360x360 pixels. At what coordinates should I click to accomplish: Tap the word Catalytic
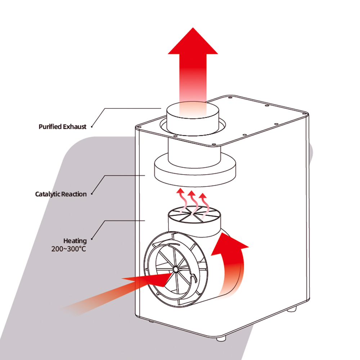[48, 194]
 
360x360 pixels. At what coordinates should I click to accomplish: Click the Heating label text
[75, 240]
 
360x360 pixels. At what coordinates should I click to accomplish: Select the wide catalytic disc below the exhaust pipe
[194, 169]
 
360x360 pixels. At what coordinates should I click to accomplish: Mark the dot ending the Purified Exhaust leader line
[92, 127]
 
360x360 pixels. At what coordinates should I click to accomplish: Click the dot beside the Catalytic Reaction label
[91, 194]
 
